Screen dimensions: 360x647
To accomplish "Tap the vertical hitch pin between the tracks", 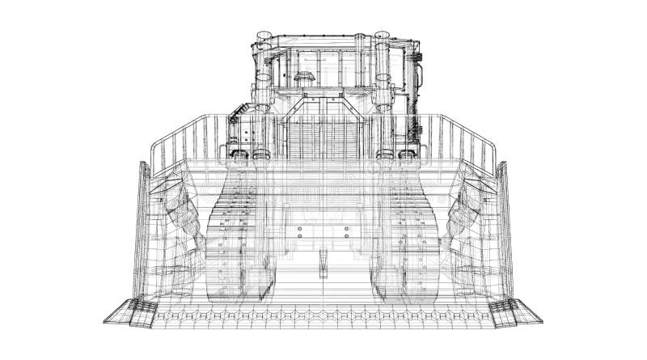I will click(x=323, y=262).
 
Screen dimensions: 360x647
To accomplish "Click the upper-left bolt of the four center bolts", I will click(x=298, y=231).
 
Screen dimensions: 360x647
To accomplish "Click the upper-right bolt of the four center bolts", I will click(x=349, y=231).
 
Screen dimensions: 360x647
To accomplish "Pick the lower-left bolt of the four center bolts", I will click(x=298, y=243).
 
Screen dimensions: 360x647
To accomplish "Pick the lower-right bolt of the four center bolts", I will click(x=349, y=243).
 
